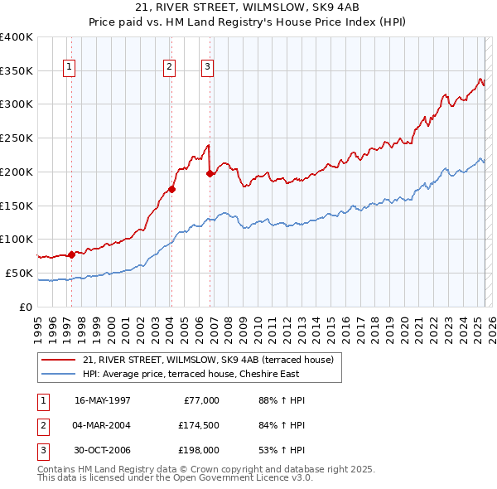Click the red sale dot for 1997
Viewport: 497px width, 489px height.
(72, 254)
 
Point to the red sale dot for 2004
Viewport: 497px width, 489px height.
(171, 189)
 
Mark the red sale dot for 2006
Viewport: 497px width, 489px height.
(210, 173)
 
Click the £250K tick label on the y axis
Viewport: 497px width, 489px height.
(17, 138)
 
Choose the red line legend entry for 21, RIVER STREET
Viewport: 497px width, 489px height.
(208, 360)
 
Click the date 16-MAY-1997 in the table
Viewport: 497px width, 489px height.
(103, 400)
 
